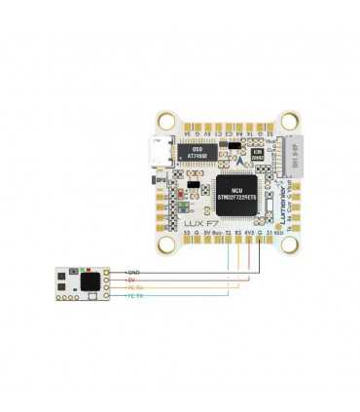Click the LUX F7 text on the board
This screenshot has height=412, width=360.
pyautogui.click(x=198, y=223)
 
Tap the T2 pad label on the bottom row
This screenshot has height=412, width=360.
pyautogui.click(x=228, y=235)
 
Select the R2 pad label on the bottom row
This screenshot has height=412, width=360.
pyautogui.click(x=238, y=235)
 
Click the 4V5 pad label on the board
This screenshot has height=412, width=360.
pyautogui.click(x=249, y=235)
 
